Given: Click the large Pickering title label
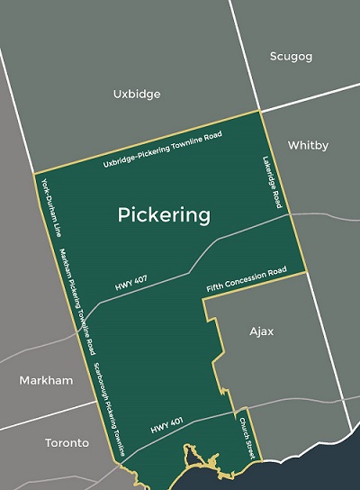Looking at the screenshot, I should coord(165,215).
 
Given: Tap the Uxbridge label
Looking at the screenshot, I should coord(136,93).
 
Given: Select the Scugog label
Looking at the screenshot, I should coord(291,56).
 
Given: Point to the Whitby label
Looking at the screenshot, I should coord(308,145).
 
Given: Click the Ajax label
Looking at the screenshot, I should coord(261,331).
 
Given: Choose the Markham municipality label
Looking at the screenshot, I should coord(46,380).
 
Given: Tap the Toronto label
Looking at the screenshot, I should coord(67,442).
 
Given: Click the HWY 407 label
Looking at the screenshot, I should coord(133,286).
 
